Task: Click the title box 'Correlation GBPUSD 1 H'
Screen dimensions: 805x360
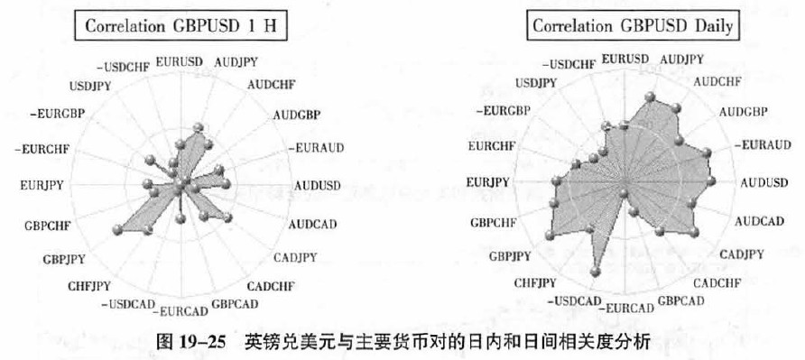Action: pyautogui.click(x=180, y=26)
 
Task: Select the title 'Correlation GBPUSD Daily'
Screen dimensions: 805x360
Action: pyautogui.click(x=633, y=25)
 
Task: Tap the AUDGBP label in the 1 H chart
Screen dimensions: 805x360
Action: pyautogui.click(x=297, y=115)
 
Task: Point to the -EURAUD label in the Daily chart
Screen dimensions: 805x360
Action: pyautogui.click(x=762, y=145)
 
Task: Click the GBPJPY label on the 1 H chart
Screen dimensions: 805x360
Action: pyautogui.click(x=64, y=259)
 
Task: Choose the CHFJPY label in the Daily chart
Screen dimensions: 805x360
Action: pyautogui.click(x=535, y=283)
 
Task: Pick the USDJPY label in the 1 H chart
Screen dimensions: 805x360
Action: pyautogui.click(x=90, y=87)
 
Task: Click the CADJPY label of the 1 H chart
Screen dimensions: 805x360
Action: pyautogui.click(x=295, y=257)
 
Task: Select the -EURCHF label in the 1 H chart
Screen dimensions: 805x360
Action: pyautogui.click(x=42, y=150)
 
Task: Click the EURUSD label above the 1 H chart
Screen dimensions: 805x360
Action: pyautogui.click(x=180, y=62)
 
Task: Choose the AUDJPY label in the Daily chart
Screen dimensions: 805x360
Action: pyautogui.click(x=681, y=60)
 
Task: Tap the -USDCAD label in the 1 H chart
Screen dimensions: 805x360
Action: pyautogui.click(x=128, y=304)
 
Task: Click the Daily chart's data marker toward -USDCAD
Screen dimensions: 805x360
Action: pyautogui.click(x=595, y=272)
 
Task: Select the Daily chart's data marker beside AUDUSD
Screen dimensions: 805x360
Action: pyautogui.click(x=710, y=180)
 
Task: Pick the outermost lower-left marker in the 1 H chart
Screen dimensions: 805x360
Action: pyautogui.click(x=117, y=229)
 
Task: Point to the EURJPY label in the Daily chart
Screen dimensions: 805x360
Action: pyautogui.click(x=488, y=182)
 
